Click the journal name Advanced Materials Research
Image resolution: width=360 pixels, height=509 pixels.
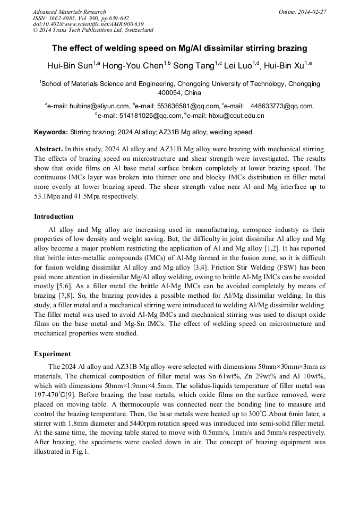tap(69, 12)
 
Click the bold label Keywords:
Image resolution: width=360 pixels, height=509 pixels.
tap(51, 132)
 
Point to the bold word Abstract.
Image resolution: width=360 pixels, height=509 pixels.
tap(48, 149)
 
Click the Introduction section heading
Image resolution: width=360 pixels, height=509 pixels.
tap(54, 217)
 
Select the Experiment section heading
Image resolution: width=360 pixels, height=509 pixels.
tap(52, 353)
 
